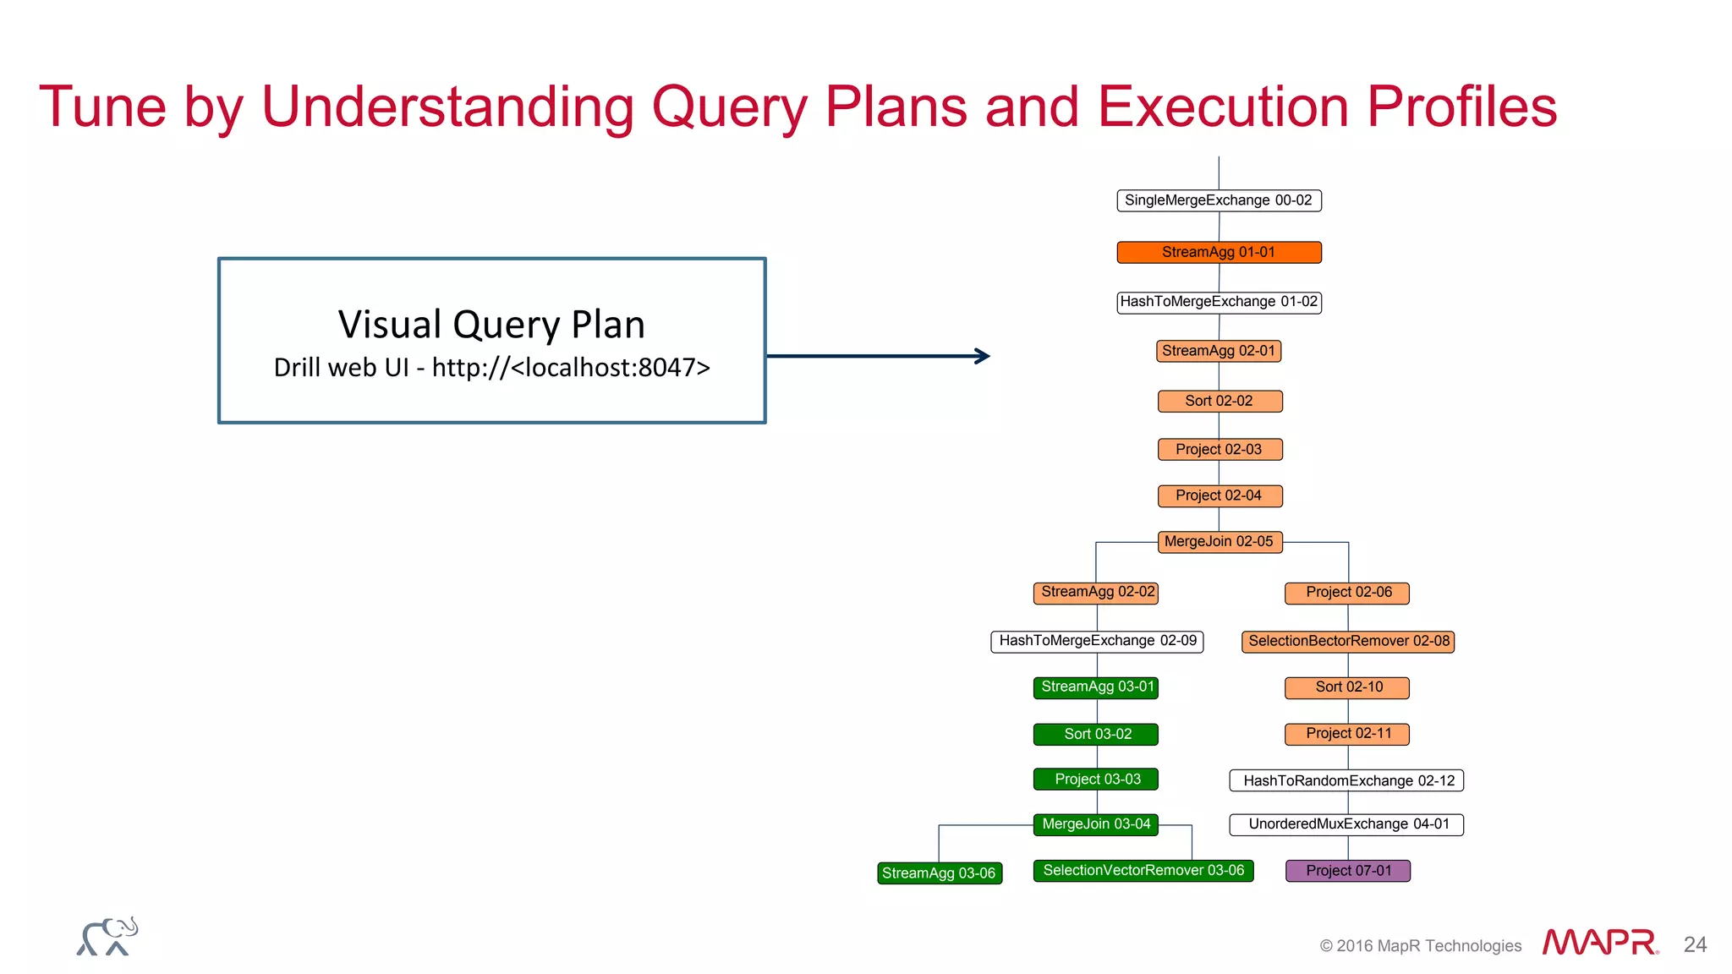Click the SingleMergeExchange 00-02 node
[1218, 200]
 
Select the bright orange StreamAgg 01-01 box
[1218, 252]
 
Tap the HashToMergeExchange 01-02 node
[1218, 302]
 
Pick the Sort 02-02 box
[1219, 401]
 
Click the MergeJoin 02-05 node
[1219, 542]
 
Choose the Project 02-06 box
[1347, 593]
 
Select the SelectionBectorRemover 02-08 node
[1347, 641]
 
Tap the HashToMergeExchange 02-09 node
[1097, 641]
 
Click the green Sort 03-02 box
[1096, 734]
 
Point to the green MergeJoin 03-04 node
[1096, 824]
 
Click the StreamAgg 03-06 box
[939, 873]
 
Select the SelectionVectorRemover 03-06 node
[1143, 871]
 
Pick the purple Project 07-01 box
[1347, 871]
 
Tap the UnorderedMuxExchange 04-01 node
[1347, 824]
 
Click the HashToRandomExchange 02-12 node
[1347, 780]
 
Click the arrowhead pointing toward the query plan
[983, 356]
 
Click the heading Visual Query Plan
[491, 325]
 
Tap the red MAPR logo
[1598, 942]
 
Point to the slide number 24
[1695, 944]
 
